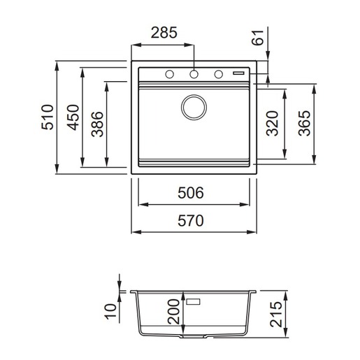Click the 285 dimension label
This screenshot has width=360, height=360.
coord(164,33)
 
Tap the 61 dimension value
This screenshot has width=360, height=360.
coord(257,38)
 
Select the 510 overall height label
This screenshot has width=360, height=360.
coord(48,117)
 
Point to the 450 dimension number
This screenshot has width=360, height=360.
coord(73,117)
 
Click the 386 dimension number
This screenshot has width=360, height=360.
coord(97,124)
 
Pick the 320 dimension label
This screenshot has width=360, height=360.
coord(272,124)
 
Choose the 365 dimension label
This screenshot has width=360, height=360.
coord(304,124)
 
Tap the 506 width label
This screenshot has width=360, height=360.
coord(191,193)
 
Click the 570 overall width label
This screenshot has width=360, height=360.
coord(191,221)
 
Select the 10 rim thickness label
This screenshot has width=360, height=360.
coord(110,311)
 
